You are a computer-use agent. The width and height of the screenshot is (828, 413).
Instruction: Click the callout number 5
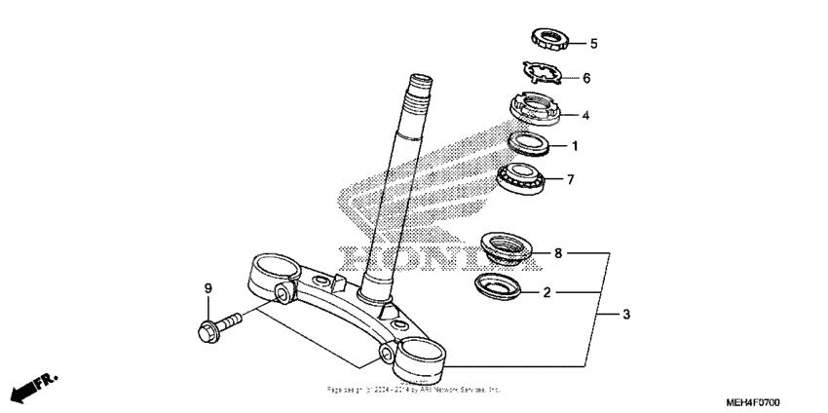coord(593,44)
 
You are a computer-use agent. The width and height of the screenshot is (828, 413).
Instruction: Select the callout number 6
coord(586,78)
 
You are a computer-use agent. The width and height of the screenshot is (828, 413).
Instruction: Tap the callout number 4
coord(585,115)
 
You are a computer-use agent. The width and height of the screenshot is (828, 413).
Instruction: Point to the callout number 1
coord(575,147)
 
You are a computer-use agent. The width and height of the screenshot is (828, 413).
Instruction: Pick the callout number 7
coord(571,179)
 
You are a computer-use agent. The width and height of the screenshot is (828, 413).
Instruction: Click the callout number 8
coord(558,253)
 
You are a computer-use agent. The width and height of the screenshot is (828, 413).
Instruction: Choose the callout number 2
coord(547,291)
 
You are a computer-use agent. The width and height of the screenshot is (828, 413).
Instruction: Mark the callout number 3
coord(626,315)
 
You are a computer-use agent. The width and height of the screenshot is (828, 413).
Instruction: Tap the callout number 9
coord(207,288)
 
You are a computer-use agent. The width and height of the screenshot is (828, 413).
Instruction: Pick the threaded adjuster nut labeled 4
coord(535,106)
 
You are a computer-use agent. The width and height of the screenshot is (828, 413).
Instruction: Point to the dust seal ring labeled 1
coord(534,144)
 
